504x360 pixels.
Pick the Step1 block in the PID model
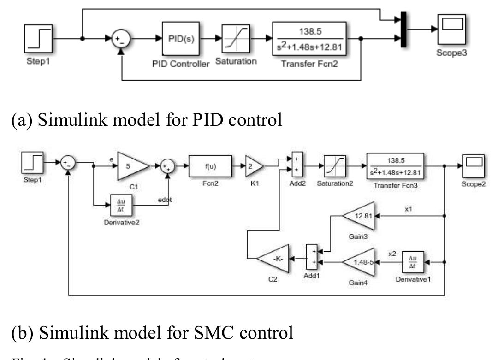tap(39, 39)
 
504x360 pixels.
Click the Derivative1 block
tap(413, 262)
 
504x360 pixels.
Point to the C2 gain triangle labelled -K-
tap(274, 262)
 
